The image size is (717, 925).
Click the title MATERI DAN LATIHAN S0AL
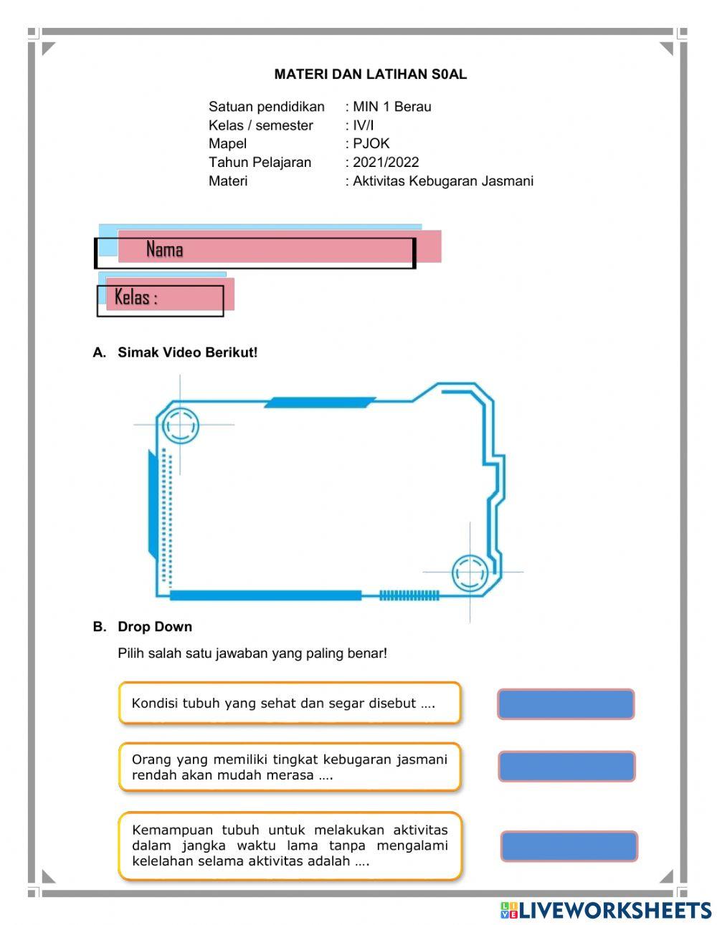370,74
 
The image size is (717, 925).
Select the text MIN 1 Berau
391,107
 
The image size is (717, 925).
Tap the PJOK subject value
371,143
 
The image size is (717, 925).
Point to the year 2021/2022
386,162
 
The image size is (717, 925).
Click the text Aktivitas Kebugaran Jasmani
443,181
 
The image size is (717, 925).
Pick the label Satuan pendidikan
266,107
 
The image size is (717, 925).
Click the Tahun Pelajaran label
260,162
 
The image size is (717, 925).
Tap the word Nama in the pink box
164,249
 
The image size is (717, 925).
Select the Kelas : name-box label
136,297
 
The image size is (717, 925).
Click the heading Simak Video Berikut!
187,352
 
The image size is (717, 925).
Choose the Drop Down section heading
155,626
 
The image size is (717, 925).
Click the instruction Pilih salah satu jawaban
252,653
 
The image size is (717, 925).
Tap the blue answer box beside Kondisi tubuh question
566,704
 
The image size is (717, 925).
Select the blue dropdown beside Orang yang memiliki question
566,766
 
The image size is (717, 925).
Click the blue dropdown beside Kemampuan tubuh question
569,845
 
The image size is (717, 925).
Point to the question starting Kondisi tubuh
283,703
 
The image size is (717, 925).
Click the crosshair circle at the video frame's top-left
179,426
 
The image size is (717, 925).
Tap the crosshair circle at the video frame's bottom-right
470,572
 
